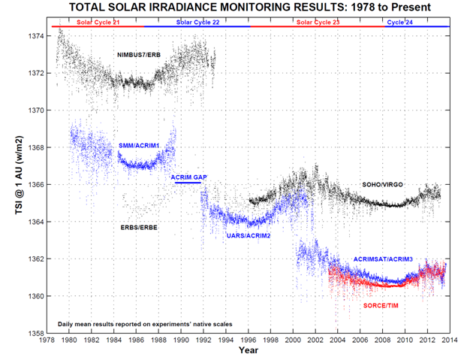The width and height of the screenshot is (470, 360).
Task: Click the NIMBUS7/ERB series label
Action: click(x=139, y=56)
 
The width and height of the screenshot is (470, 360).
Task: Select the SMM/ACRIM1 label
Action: click(x=139, y=144)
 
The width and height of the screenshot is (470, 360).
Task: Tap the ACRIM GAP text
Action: click(x=188, y=177)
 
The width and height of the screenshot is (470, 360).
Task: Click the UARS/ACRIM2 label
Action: click(x=249, y=236)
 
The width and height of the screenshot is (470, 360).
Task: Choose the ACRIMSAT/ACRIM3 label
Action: click(x=383, y=259)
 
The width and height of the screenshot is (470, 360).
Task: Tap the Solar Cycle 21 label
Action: click(x=98, y=23)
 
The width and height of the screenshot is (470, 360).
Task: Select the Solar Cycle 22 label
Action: click(x=198, y=23)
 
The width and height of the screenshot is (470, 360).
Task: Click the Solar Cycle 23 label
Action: click(x=318, y=23)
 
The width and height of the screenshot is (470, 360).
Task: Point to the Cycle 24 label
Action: click(x=399, y=23)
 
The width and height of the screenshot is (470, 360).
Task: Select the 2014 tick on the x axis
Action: click(x=449, y=341)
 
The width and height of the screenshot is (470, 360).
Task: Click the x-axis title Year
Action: click(x=249, y=350)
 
